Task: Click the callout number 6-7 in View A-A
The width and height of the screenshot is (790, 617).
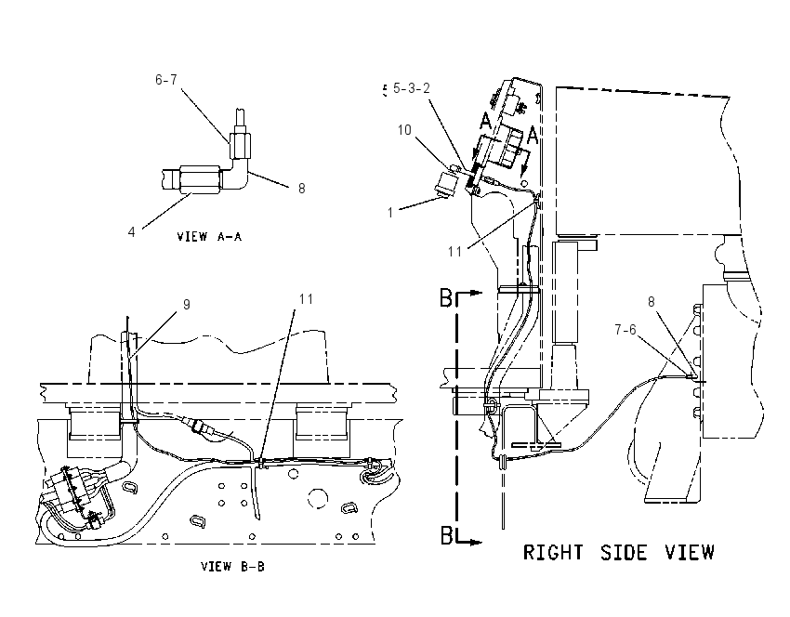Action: coord(165,80)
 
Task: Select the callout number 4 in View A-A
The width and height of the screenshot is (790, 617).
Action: coord(131,232)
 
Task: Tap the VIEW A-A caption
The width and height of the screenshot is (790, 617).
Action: coord(209,236)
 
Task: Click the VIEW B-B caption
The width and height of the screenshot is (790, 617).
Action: coord(232,567)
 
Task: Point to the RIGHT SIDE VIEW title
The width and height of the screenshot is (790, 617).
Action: coord(619,553)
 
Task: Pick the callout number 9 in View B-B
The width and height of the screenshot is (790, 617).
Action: coord(187,305)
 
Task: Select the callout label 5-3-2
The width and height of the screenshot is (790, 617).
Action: coord(411,88)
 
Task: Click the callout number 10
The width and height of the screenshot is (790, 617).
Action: coord(404,130)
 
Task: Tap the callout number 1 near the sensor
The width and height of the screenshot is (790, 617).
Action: coord(390,213)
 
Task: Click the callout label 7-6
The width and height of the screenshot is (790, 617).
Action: coord(625,330)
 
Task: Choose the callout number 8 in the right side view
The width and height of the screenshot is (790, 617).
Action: coord(651,302)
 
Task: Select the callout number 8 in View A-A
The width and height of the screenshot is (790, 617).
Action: coord(301,189)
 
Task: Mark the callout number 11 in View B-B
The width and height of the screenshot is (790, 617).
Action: coord(306,299)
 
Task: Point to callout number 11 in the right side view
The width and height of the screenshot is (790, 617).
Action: coord(454,251)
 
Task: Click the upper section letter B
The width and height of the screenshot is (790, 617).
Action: coord(446,297)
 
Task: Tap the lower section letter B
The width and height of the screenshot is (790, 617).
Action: coord(446,535)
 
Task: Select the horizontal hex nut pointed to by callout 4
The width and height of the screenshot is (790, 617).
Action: coord(200,179)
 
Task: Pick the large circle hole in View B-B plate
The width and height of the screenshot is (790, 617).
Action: coord(318,498)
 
